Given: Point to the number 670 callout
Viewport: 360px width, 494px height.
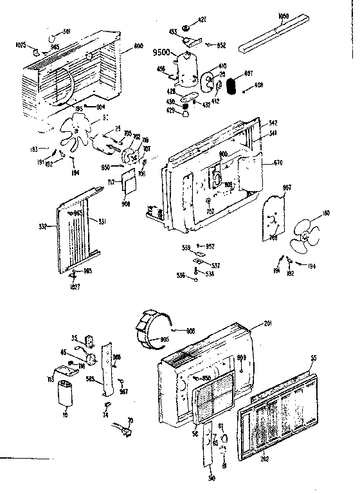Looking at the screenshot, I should tap(277, 163).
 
